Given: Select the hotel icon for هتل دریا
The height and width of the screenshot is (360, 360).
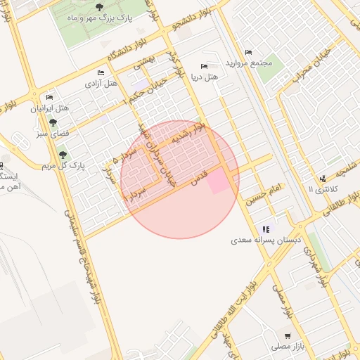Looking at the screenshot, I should click(x=205, y=66).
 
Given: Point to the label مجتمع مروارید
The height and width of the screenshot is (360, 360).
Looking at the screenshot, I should click(x=248, y=63).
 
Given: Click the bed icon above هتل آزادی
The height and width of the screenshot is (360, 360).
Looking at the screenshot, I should click(x=100, y=72).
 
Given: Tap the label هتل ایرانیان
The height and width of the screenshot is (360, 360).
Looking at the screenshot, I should click(x=49, y=108).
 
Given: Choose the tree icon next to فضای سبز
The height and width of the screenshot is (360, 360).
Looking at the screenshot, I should click(x=53, y=123).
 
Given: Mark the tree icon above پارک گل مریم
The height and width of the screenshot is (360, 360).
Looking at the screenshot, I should click(x=62, y=155).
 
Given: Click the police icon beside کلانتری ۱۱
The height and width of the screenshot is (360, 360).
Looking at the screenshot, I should click(x=322, y=179).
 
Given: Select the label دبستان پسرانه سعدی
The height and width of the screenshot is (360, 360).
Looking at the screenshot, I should click(x=266, y=240).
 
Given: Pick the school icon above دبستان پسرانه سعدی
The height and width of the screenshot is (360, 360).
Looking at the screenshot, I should click(x=266, y=229).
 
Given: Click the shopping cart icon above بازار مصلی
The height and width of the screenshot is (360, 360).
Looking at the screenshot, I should click(x=287, y=336).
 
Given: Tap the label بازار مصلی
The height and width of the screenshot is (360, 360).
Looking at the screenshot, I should click(x=286, y=347).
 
